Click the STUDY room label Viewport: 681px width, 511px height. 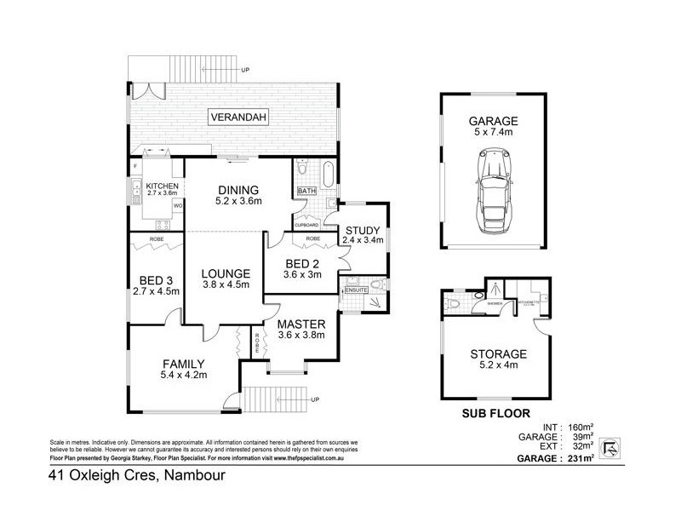363,234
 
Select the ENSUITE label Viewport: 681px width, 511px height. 354,290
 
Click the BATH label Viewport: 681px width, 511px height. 306,191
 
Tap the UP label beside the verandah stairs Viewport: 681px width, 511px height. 245,69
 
